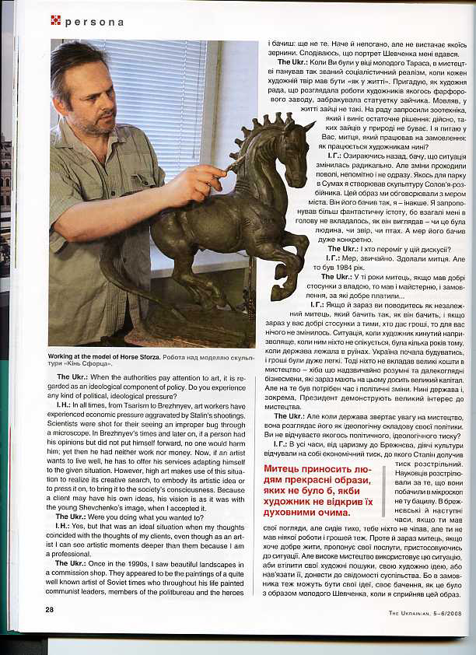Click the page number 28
click(49, 609)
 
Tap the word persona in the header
click(94, 22)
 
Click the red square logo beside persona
click(56, 20)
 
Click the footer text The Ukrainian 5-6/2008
click(425, 611)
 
